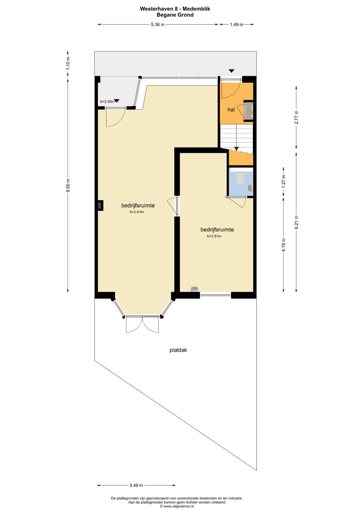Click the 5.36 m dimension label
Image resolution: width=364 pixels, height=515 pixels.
click(158, 25)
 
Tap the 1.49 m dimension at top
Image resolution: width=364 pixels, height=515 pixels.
click(237, 25)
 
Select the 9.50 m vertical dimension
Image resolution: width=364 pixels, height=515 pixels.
click(68, 186)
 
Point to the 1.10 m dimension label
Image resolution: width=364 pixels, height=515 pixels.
click(68, 64)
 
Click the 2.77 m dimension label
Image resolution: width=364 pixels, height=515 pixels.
click(297, 117)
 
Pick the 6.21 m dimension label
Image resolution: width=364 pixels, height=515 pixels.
click(297, 222)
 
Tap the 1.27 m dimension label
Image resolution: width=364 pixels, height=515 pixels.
click(283, 182)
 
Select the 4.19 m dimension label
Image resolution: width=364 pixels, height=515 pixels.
click(283, 245)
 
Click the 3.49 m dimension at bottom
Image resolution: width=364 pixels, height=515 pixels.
click(136, 485)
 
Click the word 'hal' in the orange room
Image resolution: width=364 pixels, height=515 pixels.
click(231, 110)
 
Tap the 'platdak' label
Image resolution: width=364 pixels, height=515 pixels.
click(178, 350)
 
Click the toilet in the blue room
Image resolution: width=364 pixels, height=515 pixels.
click(240, 178)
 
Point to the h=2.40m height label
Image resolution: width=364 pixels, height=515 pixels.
click(107, 102)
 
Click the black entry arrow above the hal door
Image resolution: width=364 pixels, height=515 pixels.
click(231, 71)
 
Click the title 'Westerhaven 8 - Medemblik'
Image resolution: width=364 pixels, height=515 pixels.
click(175, 9)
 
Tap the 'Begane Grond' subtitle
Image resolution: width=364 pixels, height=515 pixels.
click(175, 15)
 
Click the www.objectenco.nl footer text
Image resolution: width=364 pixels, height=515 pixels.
click(177, 506)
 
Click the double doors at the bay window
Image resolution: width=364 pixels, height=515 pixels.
click(142, 324)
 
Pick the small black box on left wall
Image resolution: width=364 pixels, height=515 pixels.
click(100, 205)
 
